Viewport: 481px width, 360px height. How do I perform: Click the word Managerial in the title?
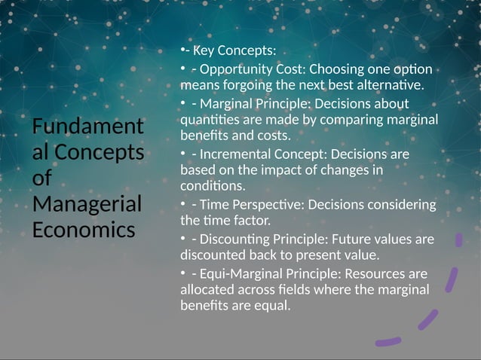[x=86, y=203]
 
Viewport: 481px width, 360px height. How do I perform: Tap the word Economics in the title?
[x=83, y=229]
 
